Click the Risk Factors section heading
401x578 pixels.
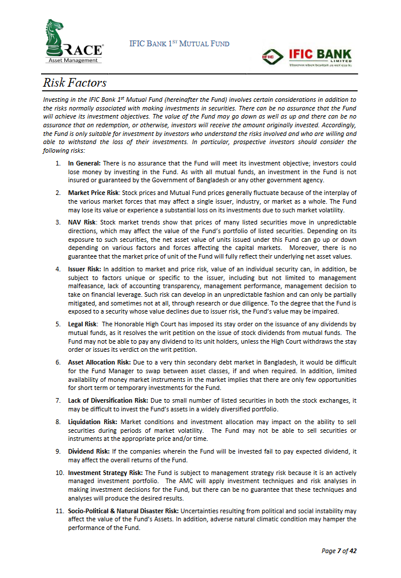pyautogui.click(x=75, y=83)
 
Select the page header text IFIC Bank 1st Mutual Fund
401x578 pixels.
pyautogui.click(x=179, y=44)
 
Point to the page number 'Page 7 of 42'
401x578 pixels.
pyautogui.click(x=339, y=550)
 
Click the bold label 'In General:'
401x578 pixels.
pyautogui.click(x=84, y=164)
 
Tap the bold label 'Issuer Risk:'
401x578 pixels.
pyautogui.click(x=85, y=269)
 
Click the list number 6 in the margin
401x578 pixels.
pyautogui.click(x=58, y=362)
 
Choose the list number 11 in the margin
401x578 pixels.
pyautogui.click(x=59, y=511)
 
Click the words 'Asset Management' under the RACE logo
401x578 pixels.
pyautogui.click(x=72, y=60)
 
